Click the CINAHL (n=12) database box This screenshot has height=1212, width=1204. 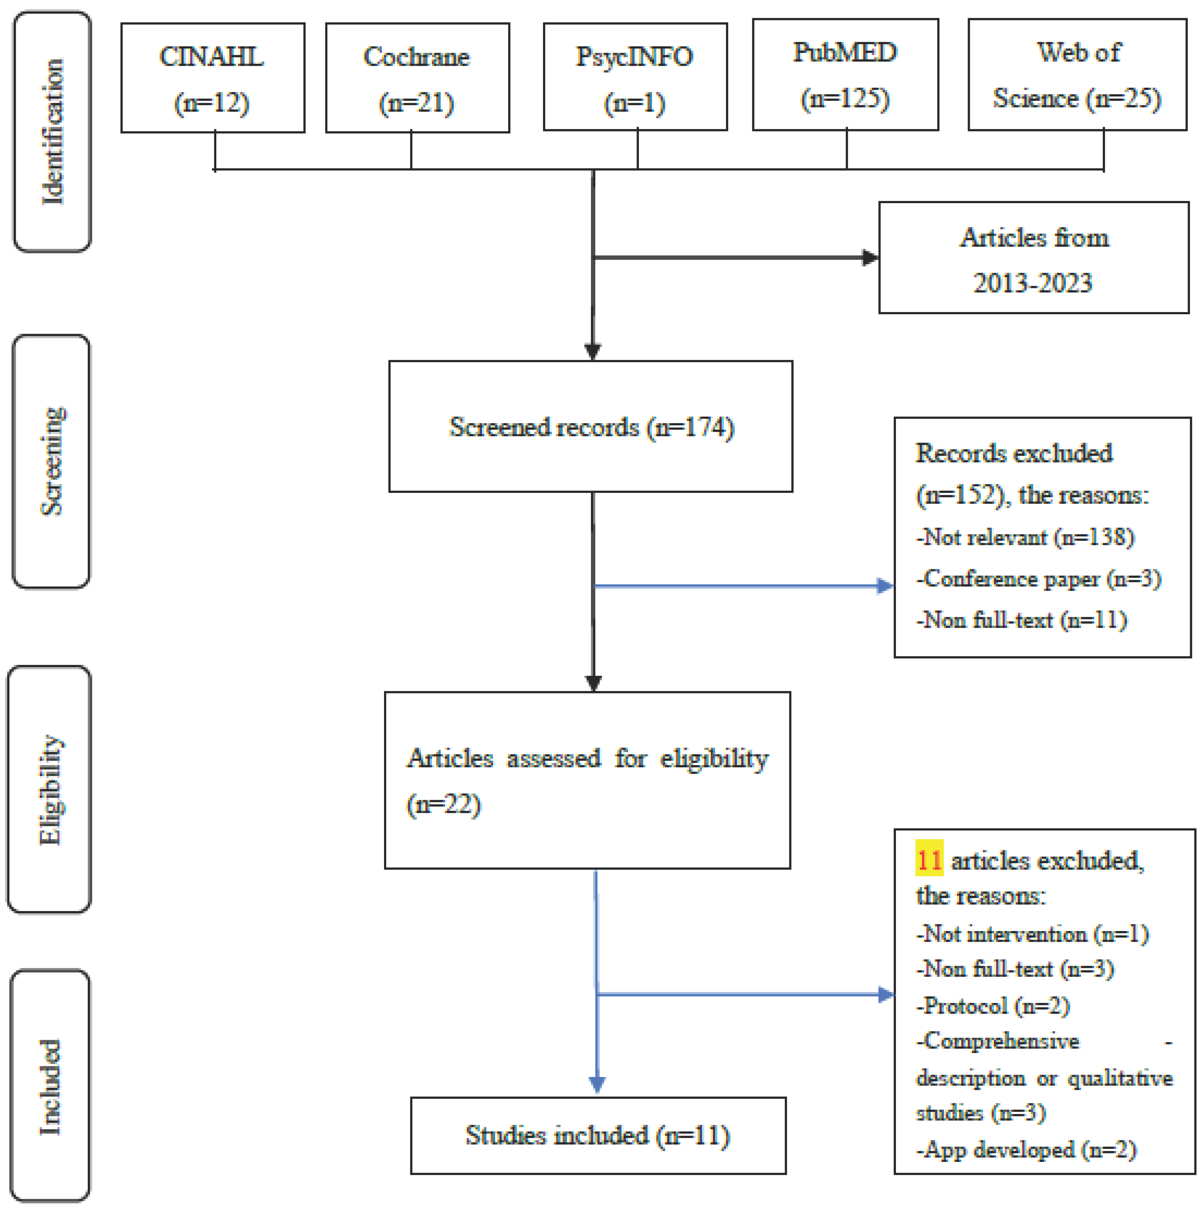click(213, 78)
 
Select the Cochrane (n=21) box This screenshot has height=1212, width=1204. click(417, 78)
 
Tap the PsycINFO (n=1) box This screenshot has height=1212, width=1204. click(635, 76)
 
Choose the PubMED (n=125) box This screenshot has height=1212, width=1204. click(845, 74)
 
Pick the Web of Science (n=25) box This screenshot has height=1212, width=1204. click(1076, 74)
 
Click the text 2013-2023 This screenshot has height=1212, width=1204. click(1032, 283)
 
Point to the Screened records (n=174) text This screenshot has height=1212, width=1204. click(591, 427)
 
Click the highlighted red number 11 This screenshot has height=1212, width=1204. click(928, 860)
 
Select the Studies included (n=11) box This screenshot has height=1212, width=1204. click(597, 1136)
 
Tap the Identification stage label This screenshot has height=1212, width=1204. click(52, 132)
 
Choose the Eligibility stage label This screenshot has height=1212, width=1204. click(50, 789)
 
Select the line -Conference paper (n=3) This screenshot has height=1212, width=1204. click(1038, 578)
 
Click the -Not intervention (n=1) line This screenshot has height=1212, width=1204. click(1032, 934)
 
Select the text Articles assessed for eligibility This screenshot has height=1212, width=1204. click(587, 759)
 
